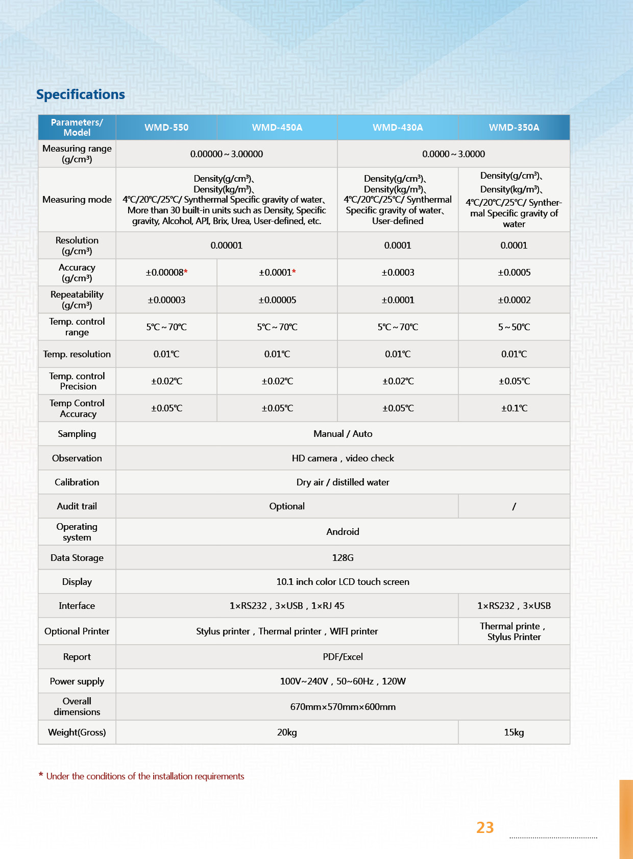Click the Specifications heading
point(81,94)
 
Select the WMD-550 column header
point(166,128)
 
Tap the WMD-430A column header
point(398,128)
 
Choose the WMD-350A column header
point(514,128)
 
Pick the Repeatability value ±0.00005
point(277,300)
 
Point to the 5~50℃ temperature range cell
point(514,327)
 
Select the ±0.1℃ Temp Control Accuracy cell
point(514,408)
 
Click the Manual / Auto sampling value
point(343,434)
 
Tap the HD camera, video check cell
point(343,458)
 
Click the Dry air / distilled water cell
point(343,482)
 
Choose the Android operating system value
point(343,532)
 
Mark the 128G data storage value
point(343,558)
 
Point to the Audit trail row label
point(77,506)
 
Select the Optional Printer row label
point(77,631)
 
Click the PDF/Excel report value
point(343,657)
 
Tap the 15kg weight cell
point(514,732)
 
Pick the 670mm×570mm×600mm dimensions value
point(343,707)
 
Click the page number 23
point(485,827)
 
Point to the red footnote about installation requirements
point(145,776)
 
